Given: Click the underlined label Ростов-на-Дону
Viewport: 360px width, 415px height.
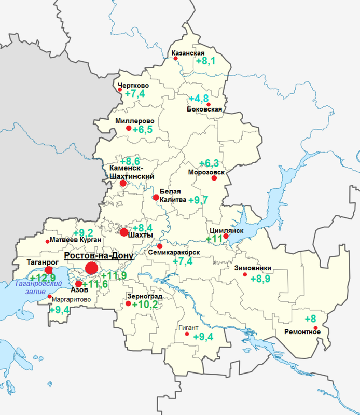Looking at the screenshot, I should coord(98,256).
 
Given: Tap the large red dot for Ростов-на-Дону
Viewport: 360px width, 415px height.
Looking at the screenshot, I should coord(91,268).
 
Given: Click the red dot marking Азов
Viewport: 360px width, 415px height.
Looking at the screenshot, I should coord(78,284).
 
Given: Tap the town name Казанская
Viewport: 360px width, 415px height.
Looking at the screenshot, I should coord(188,53).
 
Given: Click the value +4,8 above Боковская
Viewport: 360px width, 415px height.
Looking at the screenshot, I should coord(199,99).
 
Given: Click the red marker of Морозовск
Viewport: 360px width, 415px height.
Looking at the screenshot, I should coord(213,178).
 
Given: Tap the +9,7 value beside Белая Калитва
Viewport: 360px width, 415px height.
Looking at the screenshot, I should coord(198,200).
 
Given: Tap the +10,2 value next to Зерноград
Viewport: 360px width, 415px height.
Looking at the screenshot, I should coord(145,305).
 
